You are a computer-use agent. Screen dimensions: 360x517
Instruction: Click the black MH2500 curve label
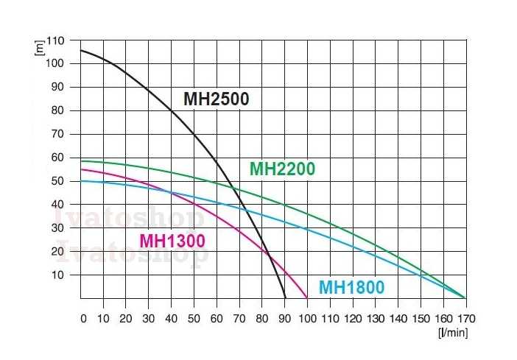point(216,99)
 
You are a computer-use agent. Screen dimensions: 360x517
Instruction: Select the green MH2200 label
point(282,169)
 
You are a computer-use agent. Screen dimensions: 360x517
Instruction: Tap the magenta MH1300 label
point(172,241)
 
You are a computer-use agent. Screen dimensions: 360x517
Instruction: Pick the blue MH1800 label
point(351,287)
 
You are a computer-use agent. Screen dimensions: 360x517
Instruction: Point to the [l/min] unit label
point(451,332)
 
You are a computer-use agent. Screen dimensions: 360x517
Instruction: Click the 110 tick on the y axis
point(56,40)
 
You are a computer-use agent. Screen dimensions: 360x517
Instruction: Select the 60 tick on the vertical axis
point(59,157)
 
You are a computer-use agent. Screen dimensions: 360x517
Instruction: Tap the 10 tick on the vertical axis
point(59,275)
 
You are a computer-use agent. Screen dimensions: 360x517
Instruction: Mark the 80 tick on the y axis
point(59,110)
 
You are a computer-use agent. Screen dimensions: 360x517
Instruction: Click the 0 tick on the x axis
point(83,320)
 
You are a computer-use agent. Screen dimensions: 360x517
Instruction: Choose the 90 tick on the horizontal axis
point(284,320)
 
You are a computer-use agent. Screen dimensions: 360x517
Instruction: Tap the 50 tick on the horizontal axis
point(194,320)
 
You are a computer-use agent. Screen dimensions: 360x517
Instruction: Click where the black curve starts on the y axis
point(80,50)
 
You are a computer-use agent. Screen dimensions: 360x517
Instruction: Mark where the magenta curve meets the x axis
point(307,297)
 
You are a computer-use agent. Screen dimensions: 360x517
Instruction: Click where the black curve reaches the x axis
point(285,297)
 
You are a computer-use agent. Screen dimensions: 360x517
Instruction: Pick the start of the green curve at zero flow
point(80,160)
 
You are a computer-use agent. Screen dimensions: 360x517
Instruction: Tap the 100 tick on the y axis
point(56,63)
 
